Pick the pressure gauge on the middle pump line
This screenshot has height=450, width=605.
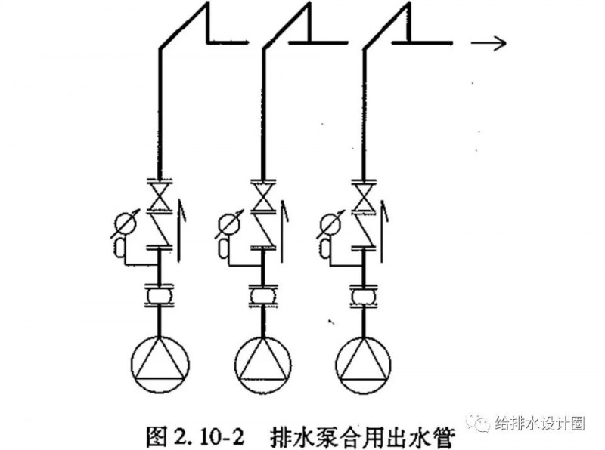coord(227,223)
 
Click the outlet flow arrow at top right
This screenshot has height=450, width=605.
coord(487,43)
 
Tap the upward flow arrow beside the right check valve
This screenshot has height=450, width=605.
coord(383,227)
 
